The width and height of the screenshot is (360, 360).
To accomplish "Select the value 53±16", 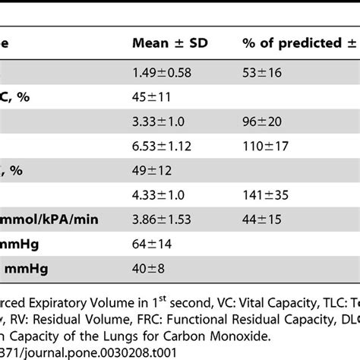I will coord(261,73).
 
